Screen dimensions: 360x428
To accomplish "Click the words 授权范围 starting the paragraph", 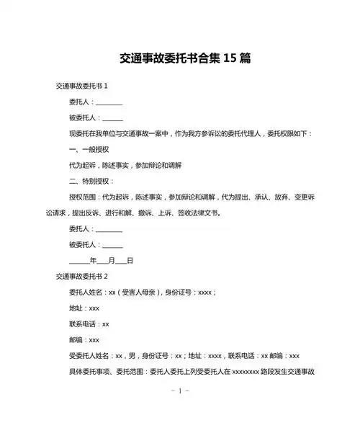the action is click(x=82, y=197).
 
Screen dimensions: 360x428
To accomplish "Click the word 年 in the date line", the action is click(x=92, y=260).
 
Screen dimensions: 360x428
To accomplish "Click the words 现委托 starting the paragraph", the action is click(x=78, y=133).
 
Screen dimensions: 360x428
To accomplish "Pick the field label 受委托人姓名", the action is click(x=89, y=355).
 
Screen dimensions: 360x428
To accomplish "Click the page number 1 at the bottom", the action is click(x=179, y=391).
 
